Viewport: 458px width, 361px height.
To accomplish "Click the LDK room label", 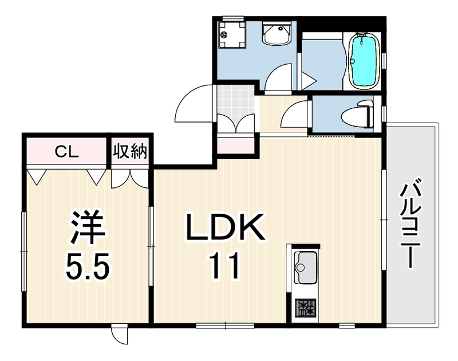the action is pyautogui.click(x=227, y=227).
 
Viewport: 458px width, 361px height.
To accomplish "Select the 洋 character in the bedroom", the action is pyautogui.click(x=88, y=227).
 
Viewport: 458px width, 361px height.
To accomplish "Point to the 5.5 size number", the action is pyautogui.click(x=88, y=266).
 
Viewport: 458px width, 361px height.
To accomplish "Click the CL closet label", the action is pyautogui.click(x=67, y=151).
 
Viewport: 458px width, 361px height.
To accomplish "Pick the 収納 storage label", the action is pyautogui.click(x=130, y=151).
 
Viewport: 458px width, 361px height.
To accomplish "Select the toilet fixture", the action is pyautogui.click(x=357, y=114).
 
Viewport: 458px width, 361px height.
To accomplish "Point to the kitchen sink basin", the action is pyautogui.click(x=306, y=267).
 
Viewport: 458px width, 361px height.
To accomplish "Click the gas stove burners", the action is pyautogui.click(x=306, y=308).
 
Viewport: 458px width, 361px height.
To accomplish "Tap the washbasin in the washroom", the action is pyautogui.click(x=277, y=33).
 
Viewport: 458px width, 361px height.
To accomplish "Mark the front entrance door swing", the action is pyautogui.click(x=194, y=103).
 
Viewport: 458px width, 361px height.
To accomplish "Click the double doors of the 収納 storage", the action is pyautogui.click(x=130, y=178).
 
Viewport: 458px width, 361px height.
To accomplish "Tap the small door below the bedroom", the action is pyautogui.click(x=120, y=334).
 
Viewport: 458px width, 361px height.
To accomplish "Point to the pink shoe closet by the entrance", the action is pyautogui.click(x=236, y=146).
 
